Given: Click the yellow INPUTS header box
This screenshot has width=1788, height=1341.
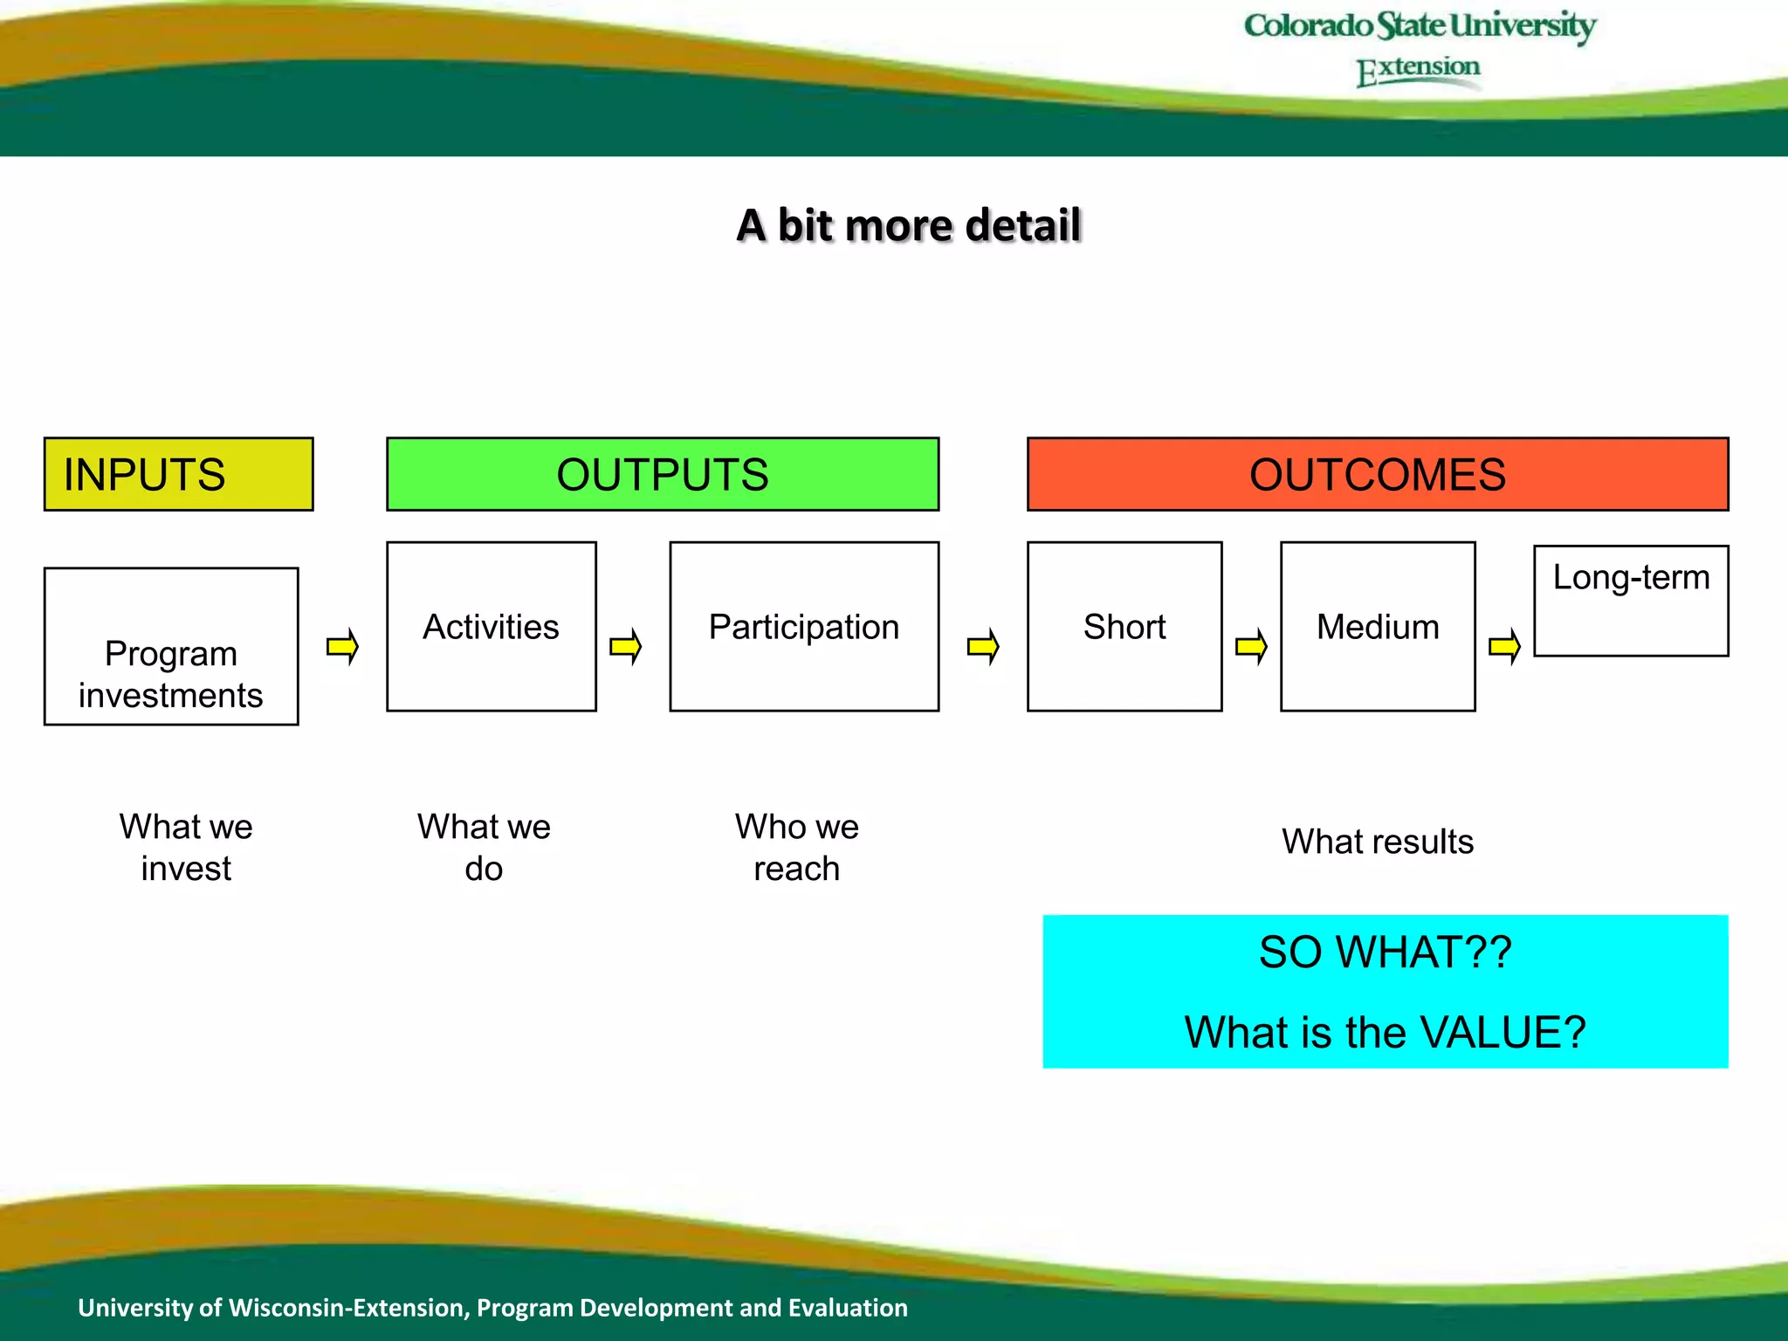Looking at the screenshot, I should coord(178,474).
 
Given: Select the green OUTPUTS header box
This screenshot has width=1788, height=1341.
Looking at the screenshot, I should coord(663,474).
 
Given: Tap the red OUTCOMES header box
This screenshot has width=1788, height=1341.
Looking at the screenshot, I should coord(1378,474).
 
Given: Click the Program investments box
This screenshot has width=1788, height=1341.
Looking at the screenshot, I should coord(171,647).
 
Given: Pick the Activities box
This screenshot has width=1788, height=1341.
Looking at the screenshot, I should coord(492,627).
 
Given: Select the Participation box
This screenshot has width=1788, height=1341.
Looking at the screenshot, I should coord(804,627).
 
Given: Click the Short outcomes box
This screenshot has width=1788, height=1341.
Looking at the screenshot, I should coord(1124,627).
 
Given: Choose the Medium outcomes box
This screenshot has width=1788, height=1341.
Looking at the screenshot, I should coord(1378,627).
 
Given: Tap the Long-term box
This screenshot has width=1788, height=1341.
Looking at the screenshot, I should coord(1631,601).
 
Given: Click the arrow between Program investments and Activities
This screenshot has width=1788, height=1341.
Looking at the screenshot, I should coord(343,647).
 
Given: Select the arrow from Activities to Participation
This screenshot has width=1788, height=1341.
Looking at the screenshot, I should coord(626,647).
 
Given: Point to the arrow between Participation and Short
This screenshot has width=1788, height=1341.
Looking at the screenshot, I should coord(983,647).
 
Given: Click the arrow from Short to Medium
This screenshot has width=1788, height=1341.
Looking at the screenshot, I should coord(1251,647).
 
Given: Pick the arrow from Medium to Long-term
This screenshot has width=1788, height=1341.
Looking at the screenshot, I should coord(1504,647).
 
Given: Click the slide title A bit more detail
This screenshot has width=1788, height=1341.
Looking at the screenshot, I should coord(909,225).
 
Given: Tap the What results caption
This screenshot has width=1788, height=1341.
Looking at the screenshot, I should coord(1378,842).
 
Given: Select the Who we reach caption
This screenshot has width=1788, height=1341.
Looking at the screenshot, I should coord(796,847).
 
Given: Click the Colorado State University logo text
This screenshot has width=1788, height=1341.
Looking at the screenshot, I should coord(1420,26).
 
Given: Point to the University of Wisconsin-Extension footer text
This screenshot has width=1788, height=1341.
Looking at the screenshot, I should coord(492,1307).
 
